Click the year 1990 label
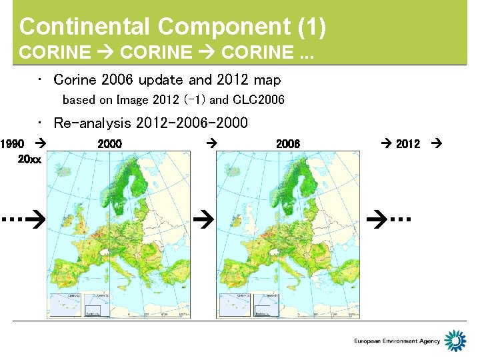(x=13, y=143)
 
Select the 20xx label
(x=29, y=160)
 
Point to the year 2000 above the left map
(x=109, y=143)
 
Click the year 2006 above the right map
(x=288, y=143)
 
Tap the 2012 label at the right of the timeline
(x=408, y=143)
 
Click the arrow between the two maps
(x=204, y=218)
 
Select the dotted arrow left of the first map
(x=22, y=218)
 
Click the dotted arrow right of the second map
(x=391, y=218)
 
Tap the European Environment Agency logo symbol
(x=455, y=341)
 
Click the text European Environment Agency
(x=397, y=341)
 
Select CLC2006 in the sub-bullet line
(x=259, y=100)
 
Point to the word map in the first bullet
(x=267, y=80)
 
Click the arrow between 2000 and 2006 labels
(x=211, y=143)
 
